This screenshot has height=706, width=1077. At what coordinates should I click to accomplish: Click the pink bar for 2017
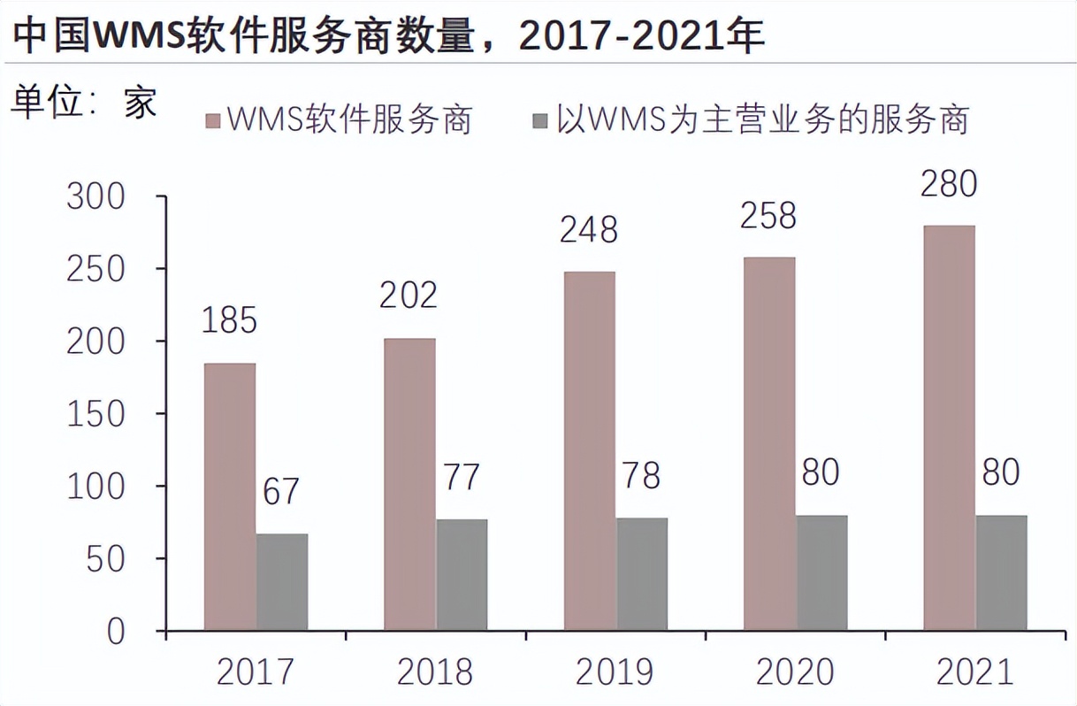click(230, 496)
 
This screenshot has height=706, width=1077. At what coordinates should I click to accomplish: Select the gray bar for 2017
click(282, 582)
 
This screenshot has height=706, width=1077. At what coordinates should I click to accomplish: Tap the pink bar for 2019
click(589, 451)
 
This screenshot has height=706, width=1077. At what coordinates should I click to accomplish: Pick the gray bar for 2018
click(462, 574)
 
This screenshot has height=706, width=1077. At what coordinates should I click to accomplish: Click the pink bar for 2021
click(949, 428)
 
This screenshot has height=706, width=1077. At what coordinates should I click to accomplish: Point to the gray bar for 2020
click(821, 572)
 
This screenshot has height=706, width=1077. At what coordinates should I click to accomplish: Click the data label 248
click(589, 231)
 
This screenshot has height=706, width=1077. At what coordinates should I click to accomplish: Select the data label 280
click(948, 185)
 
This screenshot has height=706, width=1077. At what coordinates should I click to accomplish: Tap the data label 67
click(281, 492)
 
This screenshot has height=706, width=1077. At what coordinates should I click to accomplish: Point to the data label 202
click(409, 295)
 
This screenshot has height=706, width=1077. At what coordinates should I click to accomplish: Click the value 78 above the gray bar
click(641, 476)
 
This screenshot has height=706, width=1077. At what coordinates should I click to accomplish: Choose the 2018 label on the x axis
click(433, 673)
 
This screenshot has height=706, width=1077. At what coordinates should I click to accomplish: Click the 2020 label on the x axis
click(793, 673)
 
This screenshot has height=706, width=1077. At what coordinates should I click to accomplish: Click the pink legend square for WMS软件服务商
click(212, 119)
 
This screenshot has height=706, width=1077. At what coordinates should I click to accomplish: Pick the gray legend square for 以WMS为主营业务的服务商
click(539, 119)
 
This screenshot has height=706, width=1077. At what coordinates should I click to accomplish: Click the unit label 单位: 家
click(84, 104)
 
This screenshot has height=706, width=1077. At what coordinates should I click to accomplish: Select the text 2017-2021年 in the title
click(642, 37)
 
